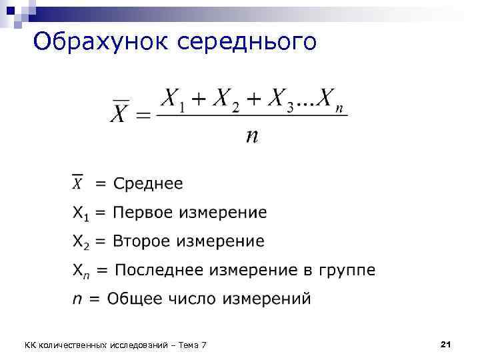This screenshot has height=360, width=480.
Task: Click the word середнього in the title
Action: [x=247, y=42]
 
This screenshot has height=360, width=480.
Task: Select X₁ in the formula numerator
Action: [x=174, y=100]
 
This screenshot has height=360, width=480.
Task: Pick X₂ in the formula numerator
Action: [x=226, y=100]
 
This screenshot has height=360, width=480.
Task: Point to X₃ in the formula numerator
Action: [x=279, y=100]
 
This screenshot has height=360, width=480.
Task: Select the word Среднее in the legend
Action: [x=148, y=183]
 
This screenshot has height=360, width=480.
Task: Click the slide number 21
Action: [x=447, y=343]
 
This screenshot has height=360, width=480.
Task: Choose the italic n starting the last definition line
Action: [x=77, y=299]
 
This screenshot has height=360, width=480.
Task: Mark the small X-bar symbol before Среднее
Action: [x=78, y=183]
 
